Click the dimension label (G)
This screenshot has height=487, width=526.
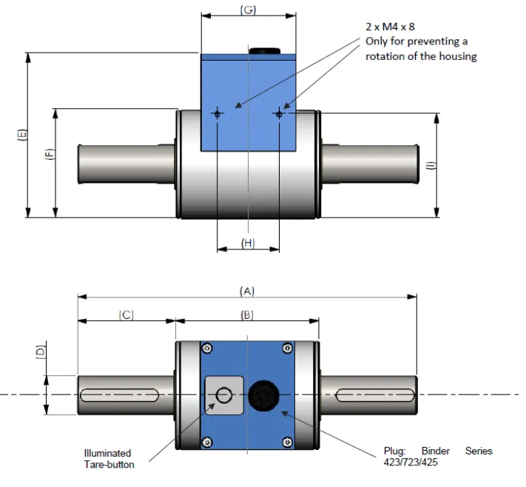248,9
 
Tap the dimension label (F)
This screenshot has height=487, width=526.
50,155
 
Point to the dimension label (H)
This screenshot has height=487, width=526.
248,243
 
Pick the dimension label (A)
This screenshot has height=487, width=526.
247,292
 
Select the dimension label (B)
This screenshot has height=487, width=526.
247,315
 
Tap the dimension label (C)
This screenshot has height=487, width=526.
126,315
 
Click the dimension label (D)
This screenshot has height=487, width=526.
41,352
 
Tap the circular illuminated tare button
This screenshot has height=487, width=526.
223,395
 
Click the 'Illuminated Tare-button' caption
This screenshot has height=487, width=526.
108,458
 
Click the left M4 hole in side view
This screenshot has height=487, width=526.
217,113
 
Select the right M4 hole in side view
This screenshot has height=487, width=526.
279,113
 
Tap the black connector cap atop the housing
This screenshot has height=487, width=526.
265,50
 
